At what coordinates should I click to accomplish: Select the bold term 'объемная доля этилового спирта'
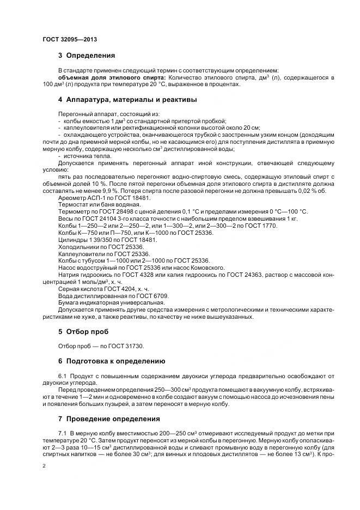101,77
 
